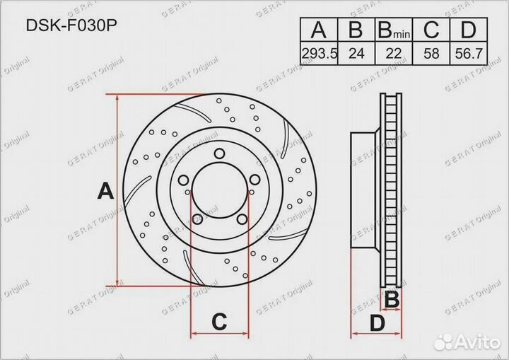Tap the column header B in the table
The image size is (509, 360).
356,30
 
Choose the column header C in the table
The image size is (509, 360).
431,30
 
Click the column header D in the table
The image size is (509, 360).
467,30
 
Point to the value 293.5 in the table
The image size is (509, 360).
320,53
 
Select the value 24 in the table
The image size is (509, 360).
356,53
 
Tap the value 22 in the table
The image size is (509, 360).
393,53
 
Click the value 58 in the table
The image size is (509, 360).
431,53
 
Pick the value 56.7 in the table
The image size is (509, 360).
467,53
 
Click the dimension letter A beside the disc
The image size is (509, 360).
105,190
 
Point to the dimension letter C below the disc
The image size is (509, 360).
219,323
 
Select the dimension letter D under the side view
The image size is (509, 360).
377,324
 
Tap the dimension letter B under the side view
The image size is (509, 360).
390,301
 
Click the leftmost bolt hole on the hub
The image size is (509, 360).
185,180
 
